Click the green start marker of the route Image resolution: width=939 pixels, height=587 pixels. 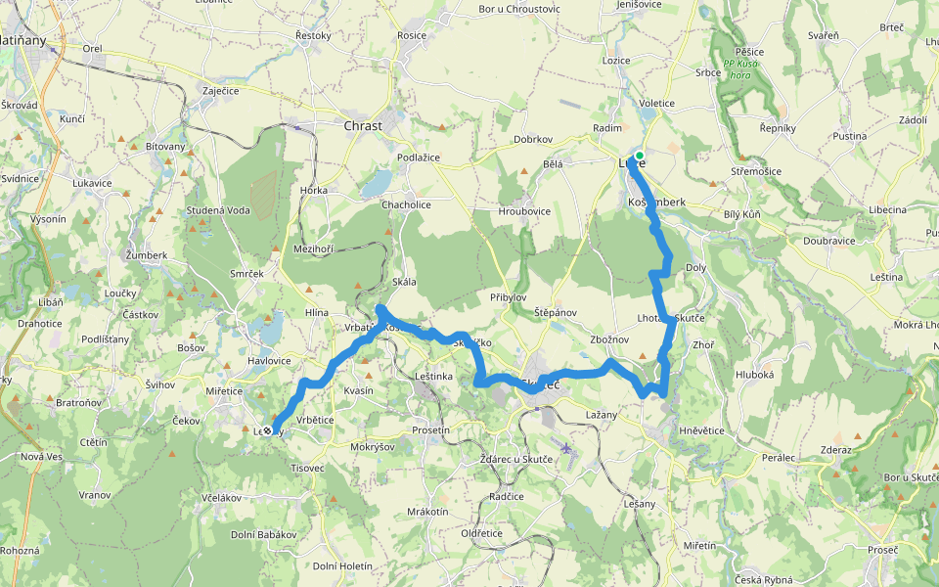tap(639, 156)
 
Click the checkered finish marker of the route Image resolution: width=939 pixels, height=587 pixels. tap(267, 429)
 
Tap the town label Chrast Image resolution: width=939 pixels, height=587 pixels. tap(363, 125)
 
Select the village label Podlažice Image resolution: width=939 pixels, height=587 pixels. tap(418, 158)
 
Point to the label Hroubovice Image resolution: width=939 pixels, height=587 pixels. tap(524, 210)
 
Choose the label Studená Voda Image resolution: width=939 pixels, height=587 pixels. tap(218, 210)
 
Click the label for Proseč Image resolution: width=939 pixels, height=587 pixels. tap(882, 550)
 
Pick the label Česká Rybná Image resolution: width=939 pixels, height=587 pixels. tap(766, 579)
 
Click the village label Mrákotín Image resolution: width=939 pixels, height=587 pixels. tap(427, 512)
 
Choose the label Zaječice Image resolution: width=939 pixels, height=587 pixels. tap(220, 90)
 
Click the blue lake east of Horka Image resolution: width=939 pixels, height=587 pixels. tap(376, 182)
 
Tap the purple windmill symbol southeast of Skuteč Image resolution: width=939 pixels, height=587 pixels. tap(565, 448)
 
